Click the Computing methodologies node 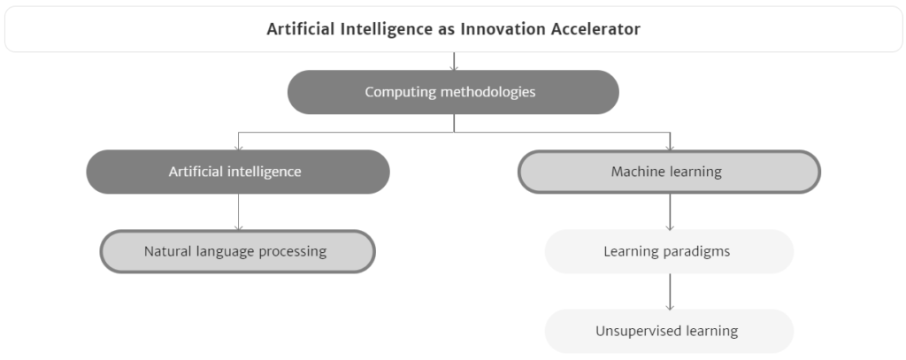(453, 92)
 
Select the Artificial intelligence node (238, 172)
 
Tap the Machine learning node (669, 172)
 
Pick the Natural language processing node (237, 251)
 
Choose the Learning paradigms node (669, 251)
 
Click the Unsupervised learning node (669, 331)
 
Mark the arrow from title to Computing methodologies (454, 61)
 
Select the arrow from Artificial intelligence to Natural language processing (238, 212)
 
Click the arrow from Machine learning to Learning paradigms (670, 212)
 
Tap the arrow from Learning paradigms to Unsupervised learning (670, 292)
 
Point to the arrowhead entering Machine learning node (670, 148)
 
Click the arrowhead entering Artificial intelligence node (238, 148)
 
